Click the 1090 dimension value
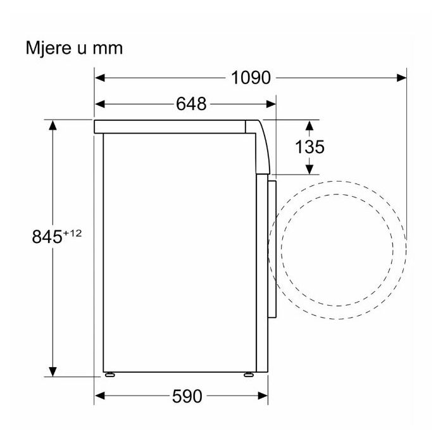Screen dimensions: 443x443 coord(251,78)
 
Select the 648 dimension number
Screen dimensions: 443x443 coord(191,104)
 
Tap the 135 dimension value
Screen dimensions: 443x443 coord(309,147)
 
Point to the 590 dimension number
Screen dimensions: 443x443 coord(187,396)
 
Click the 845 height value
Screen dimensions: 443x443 coord(47,237)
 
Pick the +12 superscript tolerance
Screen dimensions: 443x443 coord(73,234)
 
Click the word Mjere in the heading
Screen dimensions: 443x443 coord(48,49)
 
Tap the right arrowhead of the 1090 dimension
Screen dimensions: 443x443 coord(401,78)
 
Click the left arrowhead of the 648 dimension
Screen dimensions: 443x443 coord(100,104)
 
